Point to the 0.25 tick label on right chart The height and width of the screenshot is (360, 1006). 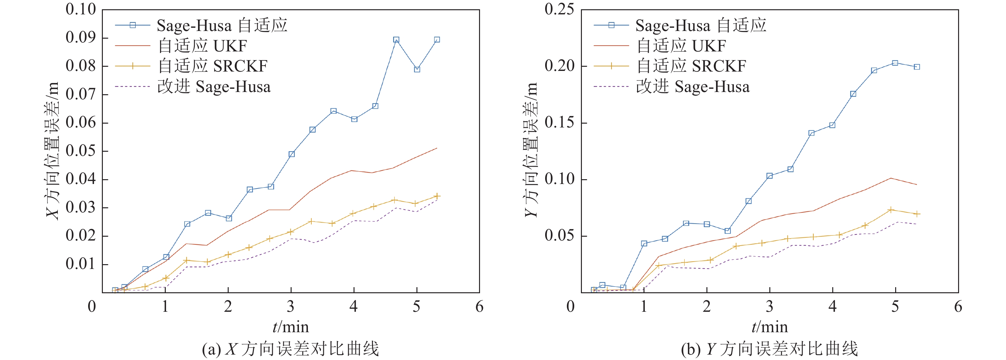pos(559,9)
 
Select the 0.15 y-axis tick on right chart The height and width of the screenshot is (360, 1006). pos(559,123)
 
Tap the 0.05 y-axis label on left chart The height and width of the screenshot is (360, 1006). pos(80,151)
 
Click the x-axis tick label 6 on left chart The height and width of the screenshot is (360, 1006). pos(479,307)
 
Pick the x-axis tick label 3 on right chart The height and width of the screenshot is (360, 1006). pos(769,307)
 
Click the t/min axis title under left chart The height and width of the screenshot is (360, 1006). pos(291,327)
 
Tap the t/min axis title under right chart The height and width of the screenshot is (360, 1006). pos(769,327)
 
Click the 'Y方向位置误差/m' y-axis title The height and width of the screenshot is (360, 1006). pos(531,151)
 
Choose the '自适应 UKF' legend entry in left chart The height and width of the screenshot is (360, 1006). pos(202,46)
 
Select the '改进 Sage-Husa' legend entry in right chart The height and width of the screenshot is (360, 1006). pos(692,87)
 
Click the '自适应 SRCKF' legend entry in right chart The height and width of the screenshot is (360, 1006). pos(691,66)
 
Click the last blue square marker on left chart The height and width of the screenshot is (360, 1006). pos(437,40)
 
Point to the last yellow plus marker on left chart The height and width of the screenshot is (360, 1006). pos(437,196)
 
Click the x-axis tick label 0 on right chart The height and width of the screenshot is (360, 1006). pos(571,307)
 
